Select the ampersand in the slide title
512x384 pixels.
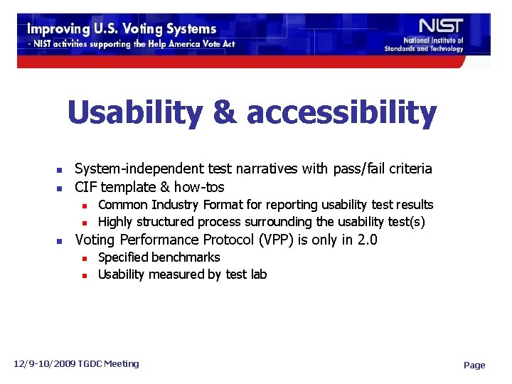click(x=224, y=113)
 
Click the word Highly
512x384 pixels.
click(x=115, y=222)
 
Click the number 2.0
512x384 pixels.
click(x=367, y=240)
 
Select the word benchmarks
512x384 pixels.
click(x=186, y=257)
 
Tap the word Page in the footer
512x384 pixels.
click(x=474, y=365)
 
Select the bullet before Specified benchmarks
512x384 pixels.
click(x=85, y=258)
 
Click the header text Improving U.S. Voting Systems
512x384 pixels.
click(x=122, y=29)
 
